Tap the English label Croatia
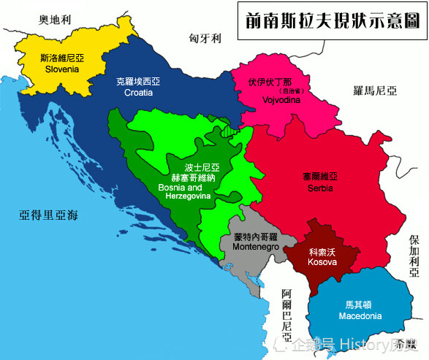pyautogui.click(x=138, y=93)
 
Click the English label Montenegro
pyautogui.click(x=256, y=248)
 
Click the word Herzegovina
pyautogui.click(x=184, y=196)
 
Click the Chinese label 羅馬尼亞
pyautogui.click(x=373, y=91)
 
